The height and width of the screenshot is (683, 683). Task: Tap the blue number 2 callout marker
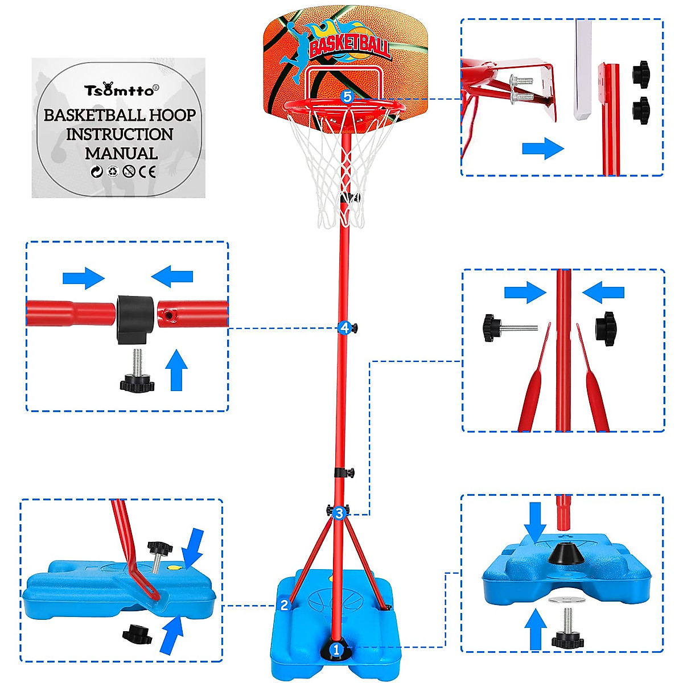click(x=285, y=605)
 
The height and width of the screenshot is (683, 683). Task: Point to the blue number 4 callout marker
click(x=344, y=328)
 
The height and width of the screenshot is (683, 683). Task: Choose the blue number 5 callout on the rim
click(x=347, y=97)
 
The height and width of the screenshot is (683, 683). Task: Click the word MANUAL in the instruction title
click(x=121, y=154)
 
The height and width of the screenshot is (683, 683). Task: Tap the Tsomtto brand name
click(x=119, y=90)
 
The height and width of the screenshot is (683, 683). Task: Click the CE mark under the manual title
click(x=147, y=171)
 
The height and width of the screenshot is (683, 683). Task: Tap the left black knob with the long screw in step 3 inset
click(x=492, y=327)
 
